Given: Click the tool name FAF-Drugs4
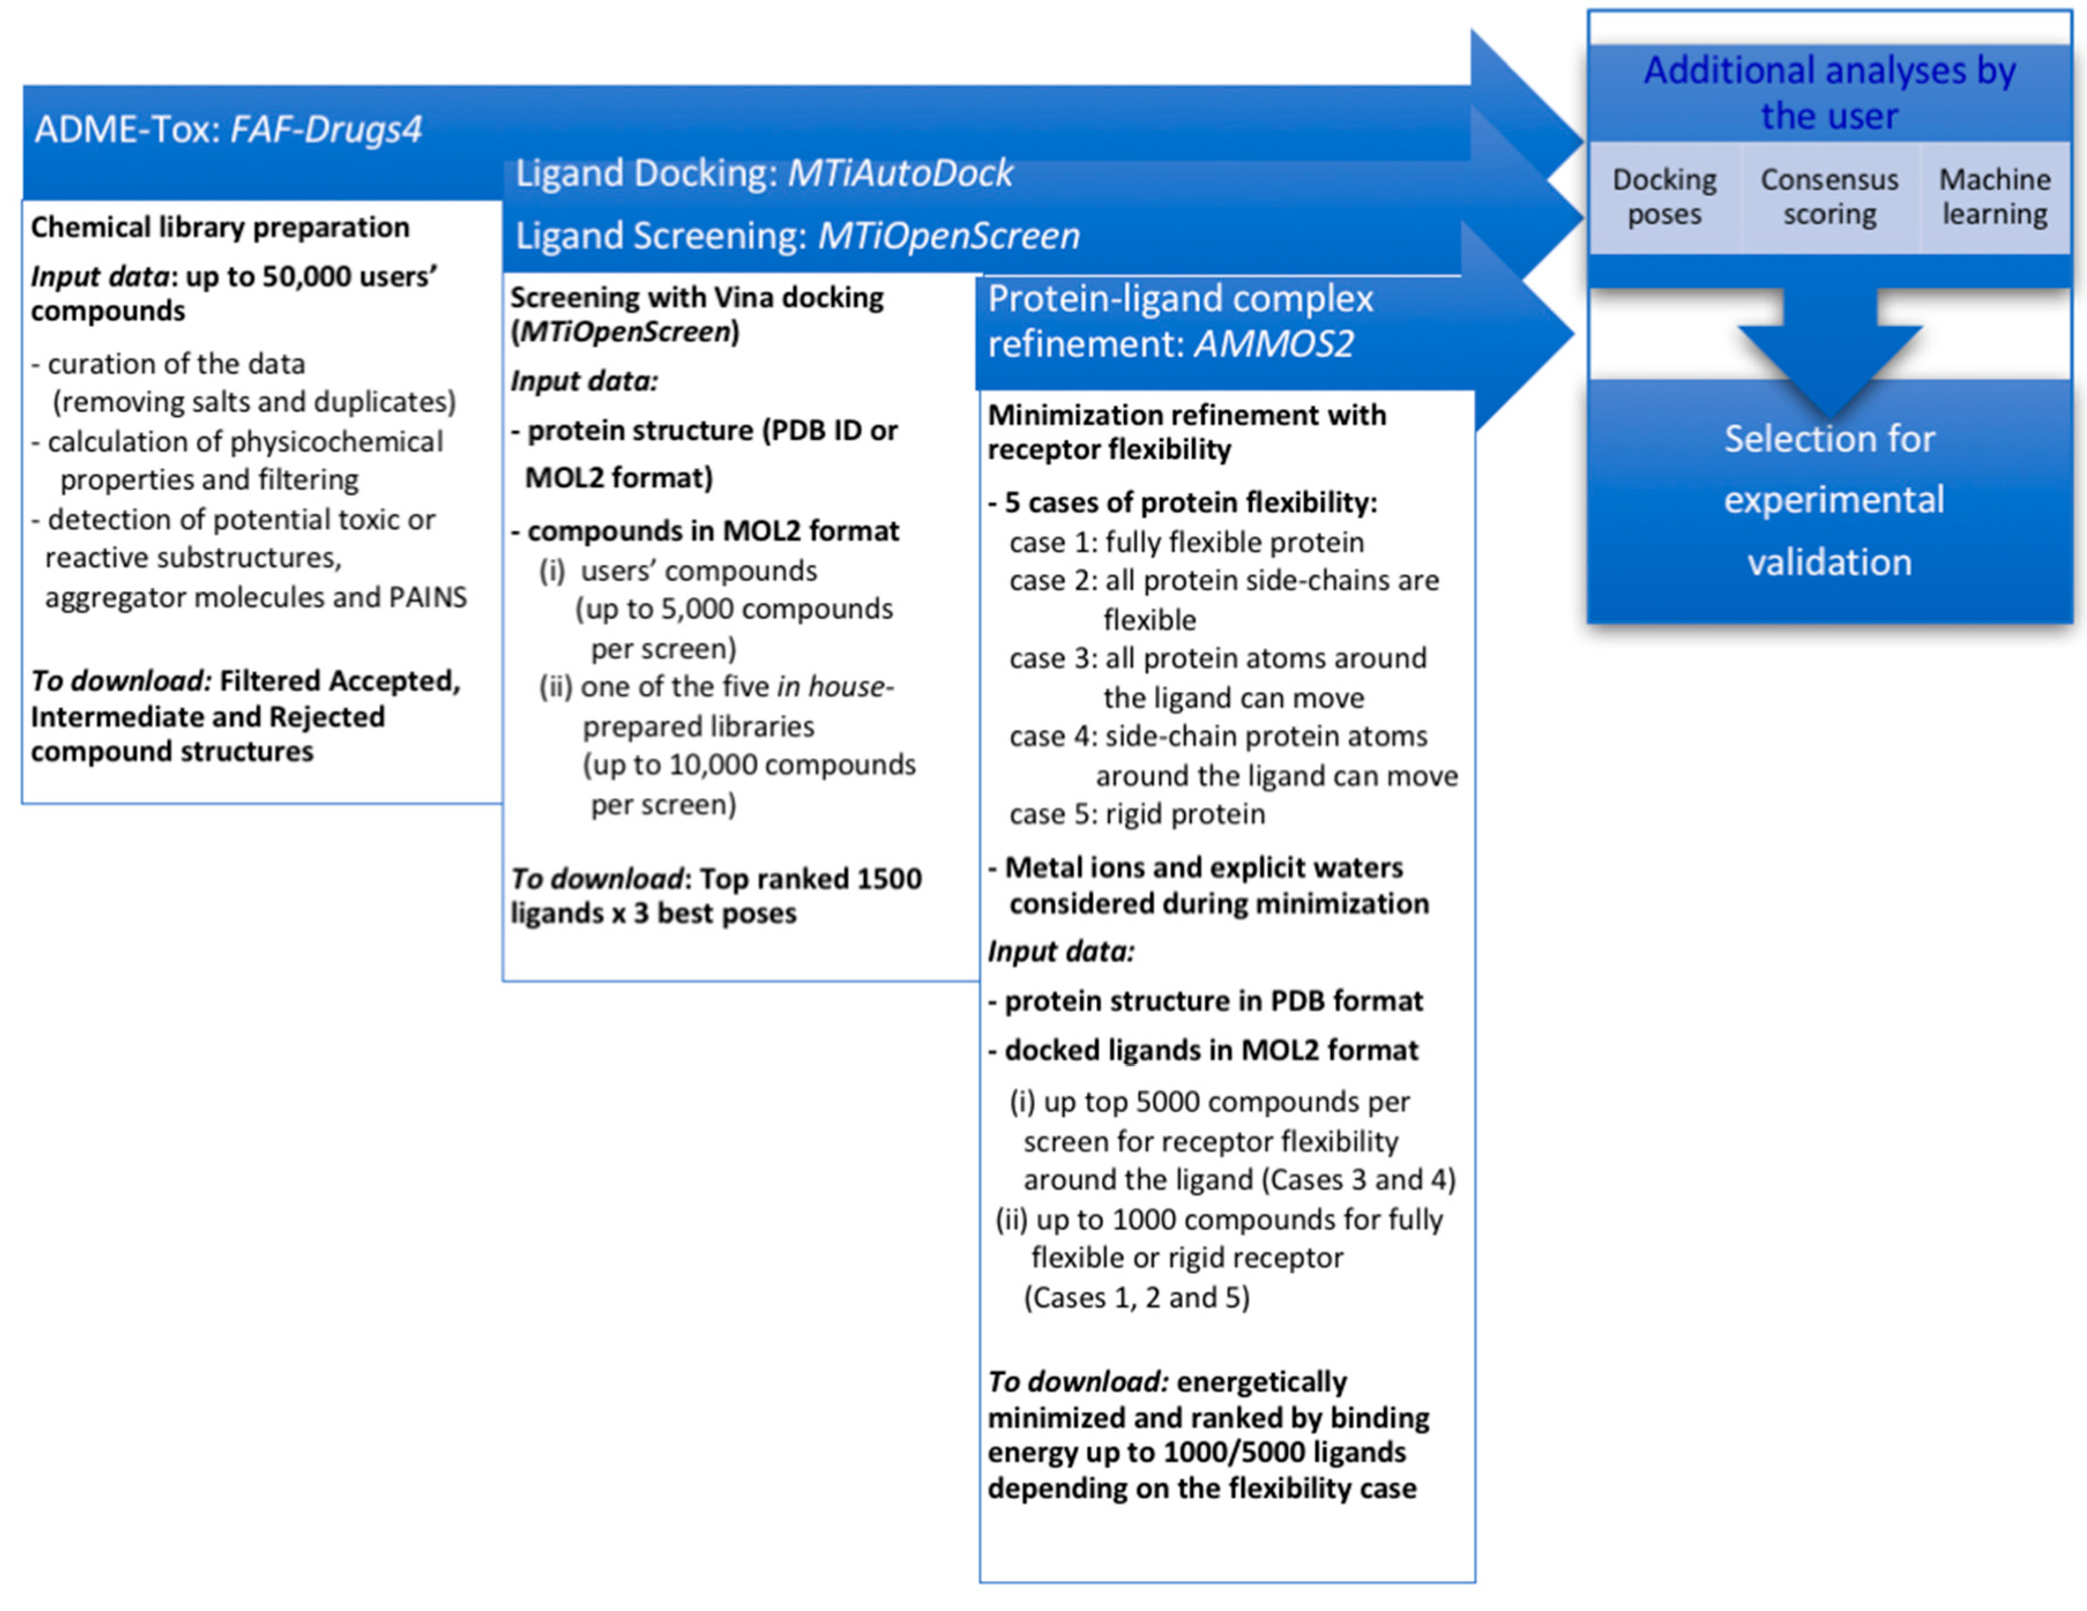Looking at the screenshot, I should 326,129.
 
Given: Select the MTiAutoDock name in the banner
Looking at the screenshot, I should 899,173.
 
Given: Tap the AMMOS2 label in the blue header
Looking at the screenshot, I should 1273,344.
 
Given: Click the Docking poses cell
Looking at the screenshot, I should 1664,197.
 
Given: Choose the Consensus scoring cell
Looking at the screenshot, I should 1829,197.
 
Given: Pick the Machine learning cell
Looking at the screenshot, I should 1994,197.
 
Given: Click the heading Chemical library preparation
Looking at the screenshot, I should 220,228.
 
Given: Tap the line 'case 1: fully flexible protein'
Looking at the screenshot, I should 1186,543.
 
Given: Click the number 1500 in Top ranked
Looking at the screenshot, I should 888,878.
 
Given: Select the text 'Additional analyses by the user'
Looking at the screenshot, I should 1829,93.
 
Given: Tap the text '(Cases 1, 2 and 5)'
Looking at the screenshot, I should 1136,1297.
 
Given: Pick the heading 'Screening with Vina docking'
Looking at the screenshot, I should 697,297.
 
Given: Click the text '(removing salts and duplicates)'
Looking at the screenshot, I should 254,401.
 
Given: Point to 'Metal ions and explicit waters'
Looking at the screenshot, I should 1203,868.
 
